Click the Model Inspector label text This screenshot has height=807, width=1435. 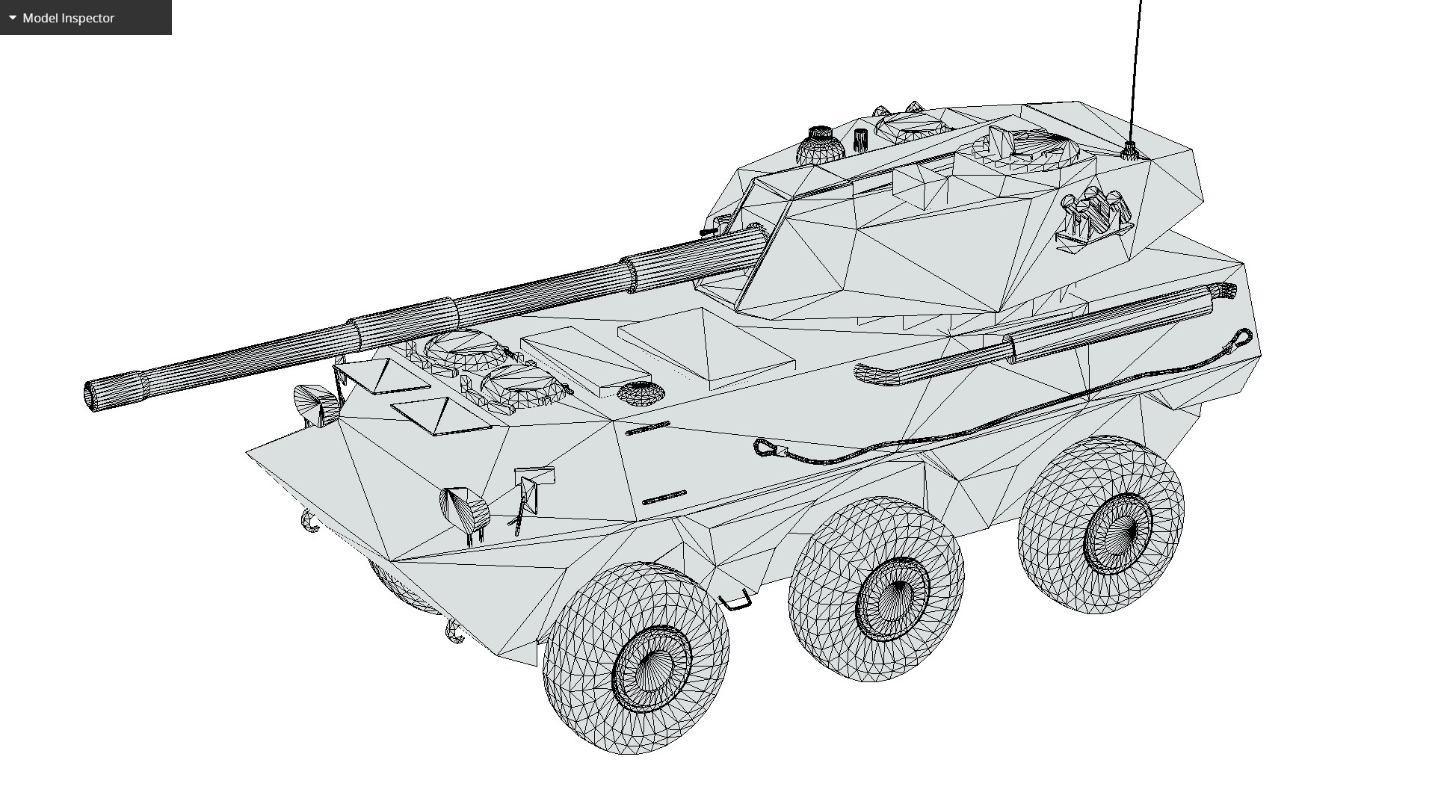pyautogui.click(x=69, y=18)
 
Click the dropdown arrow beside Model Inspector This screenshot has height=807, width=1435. pyautogui.click(x=13, y=18)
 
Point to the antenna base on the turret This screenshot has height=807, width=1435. pyautogui.click(x=1129, y=152)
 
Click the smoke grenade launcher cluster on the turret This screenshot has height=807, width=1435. pyautogui.click(x=1093, y=215)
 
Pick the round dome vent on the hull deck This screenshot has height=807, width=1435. pyautogui.click(x=641, y=392)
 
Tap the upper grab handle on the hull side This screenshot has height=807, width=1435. pyautogui.click(x=647, y=428)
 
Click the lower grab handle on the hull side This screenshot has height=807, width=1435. pyautogui.click(x=664, y=497)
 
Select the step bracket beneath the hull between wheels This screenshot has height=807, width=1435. pyautogui.click(x=736, y=600)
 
